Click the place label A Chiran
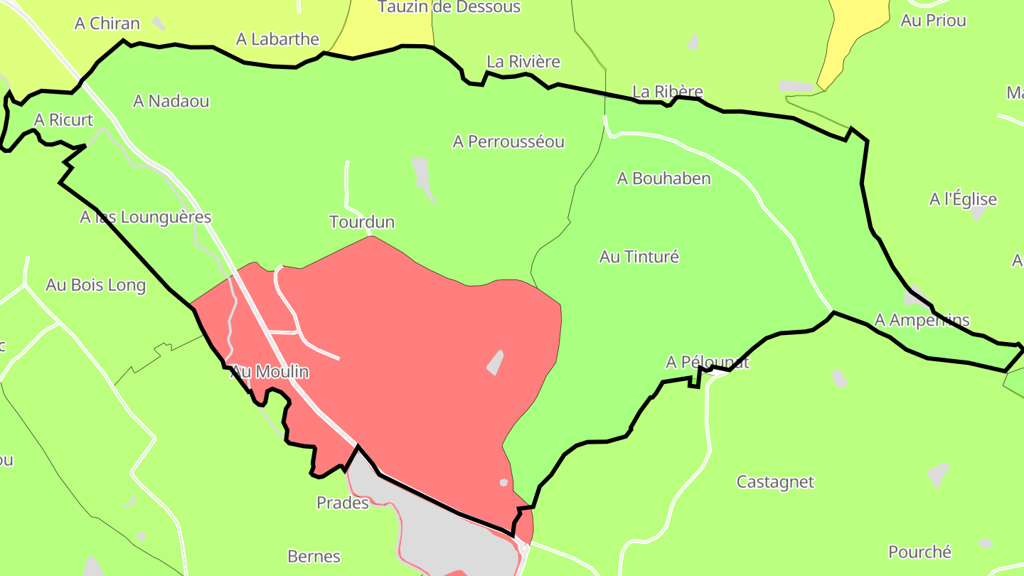(107, 23)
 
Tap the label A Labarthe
(278, 39)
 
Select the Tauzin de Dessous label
(449, 7)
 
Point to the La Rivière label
(523, 62)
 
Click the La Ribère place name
(668, 92)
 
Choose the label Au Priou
(933, 21)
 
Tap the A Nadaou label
(171, 101)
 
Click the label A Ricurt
(63, 120)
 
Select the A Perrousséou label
(508, 142)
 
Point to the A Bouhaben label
(663, 178)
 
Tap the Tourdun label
(362, 222)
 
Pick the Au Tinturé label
(639, 257)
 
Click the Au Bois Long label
(95, 285)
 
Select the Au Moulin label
(270, 371)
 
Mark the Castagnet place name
(775, 482)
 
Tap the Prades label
(343, 503)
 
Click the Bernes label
(314, 556)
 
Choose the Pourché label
(919, 552)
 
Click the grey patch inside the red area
(495, 363)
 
